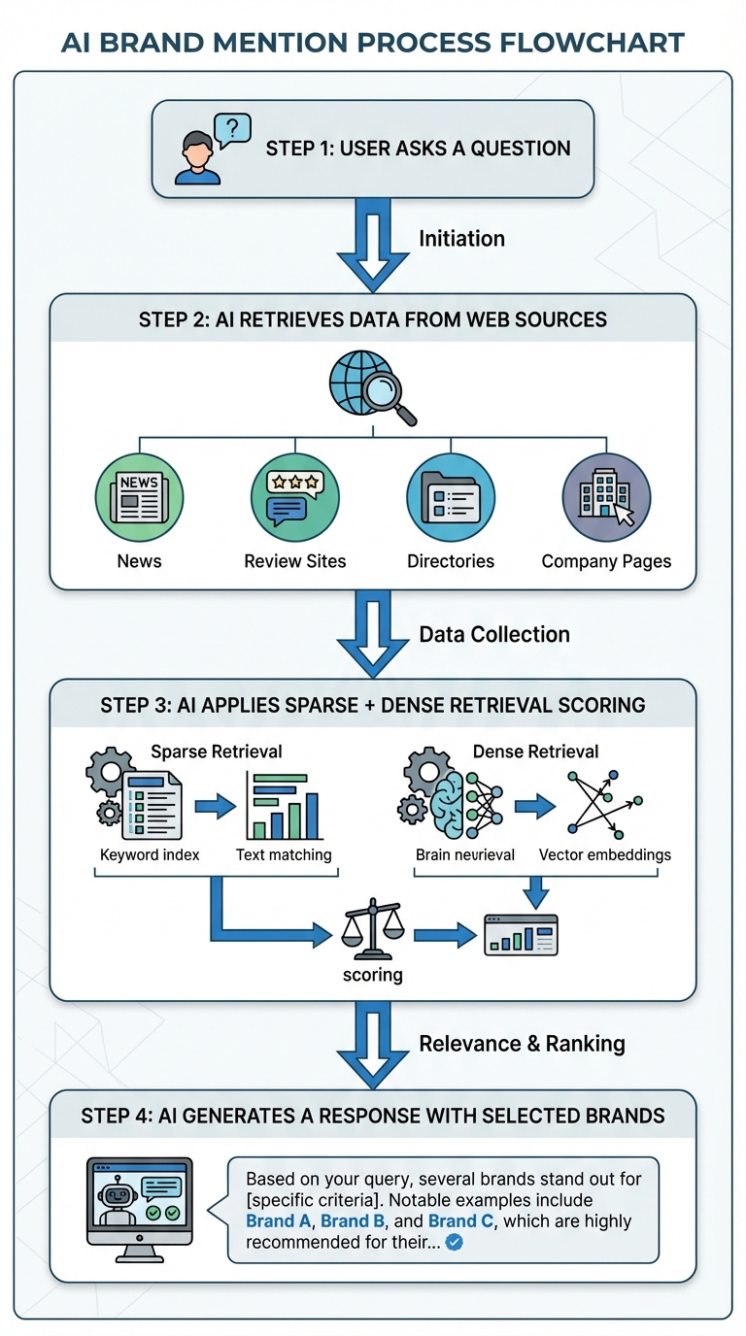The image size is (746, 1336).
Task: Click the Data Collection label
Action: click(494, 635)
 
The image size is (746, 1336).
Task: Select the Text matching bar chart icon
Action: click(284, 806)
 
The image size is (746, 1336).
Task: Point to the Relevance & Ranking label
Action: click(522, 1044)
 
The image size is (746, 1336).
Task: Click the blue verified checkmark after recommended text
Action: click(453, 1242)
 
